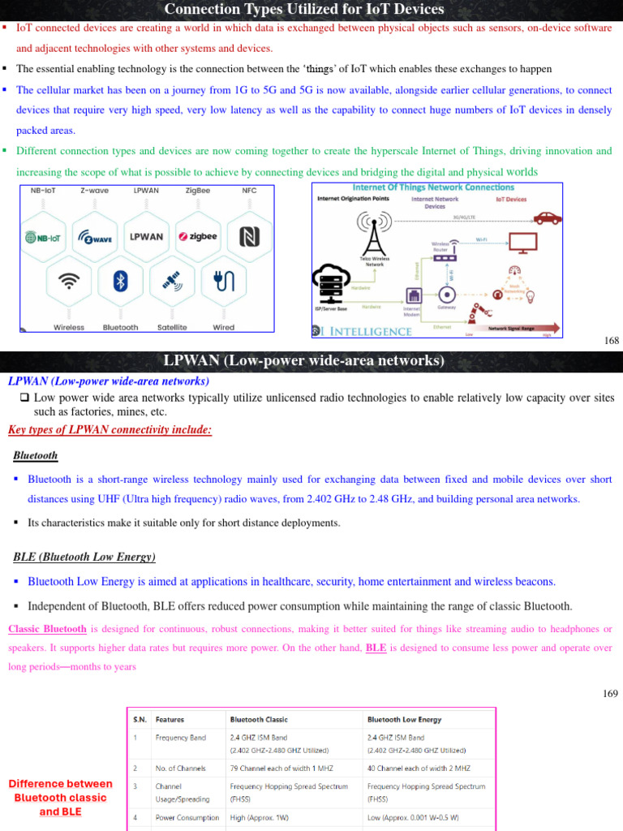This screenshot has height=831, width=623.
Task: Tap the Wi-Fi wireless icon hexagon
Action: (x=70, y=281)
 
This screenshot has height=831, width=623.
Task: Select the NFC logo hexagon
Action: (x=248, y=237)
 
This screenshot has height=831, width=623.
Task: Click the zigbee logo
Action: (x=197, y=237)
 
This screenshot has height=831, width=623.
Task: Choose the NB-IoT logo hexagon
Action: (x=45, y=237)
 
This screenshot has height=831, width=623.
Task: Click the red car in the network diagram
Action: (x=548, y=218)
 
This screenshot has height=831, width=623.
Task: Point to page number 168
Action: (x=612, y=341)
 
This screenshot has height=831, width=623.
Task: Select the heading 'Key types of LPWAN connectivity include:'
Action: (x=110, y=430)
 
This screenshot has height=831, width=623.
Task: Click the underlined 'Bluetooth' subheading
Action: (x=36, y=456)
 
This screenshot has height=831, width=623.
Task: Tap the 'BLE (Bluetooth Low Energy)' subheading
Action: (x=84, y=558)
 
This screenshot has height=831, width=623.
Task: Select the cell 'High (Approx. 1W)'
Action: (x=264, y=817)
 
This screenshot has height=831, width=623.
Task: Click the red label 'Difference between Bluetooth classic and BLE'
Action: (x=61, y=797)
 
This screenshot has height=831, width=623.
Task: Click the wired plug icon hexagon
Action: (x=223, y=281)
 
